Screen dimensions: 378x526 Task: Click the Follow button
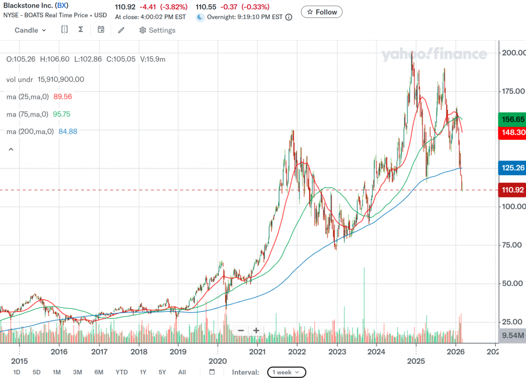[322, 12]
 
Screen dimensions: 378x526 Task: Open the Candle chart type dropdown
[30, 30]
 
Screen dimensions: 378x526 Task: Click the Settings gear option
[157, 30]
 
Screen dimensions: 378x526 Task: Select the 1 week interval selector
[287, 372]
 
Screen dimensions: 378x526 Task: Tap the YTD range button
[122, 372]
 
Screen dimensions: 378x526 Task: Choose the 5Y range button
[162, 372]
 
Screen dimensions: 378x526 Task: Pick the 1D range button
[17, 372]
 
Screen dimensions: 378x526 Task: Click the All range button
[182, 372]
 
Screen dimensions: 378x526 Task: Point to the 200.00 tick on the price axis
[513, 53]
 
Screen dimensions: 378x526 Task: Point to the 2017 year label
[99, 352]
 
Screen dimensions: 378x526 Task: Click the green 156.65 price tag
[513, 119]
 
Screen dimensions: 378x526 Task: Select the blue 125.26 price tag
[513, 167]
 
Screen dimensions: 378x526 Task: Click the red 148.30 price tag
[513, 132]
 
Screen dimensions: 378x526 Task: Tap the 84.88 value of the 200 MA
[67, 131]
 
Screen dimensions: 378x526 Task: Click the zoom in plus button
[256, 330]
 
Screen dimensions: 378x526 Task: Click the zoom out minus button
[240, 330]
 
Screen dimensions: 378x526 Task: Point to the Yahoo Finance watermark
[434, 54]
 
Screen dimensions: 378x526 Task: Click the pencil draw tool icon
[121, 30]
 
